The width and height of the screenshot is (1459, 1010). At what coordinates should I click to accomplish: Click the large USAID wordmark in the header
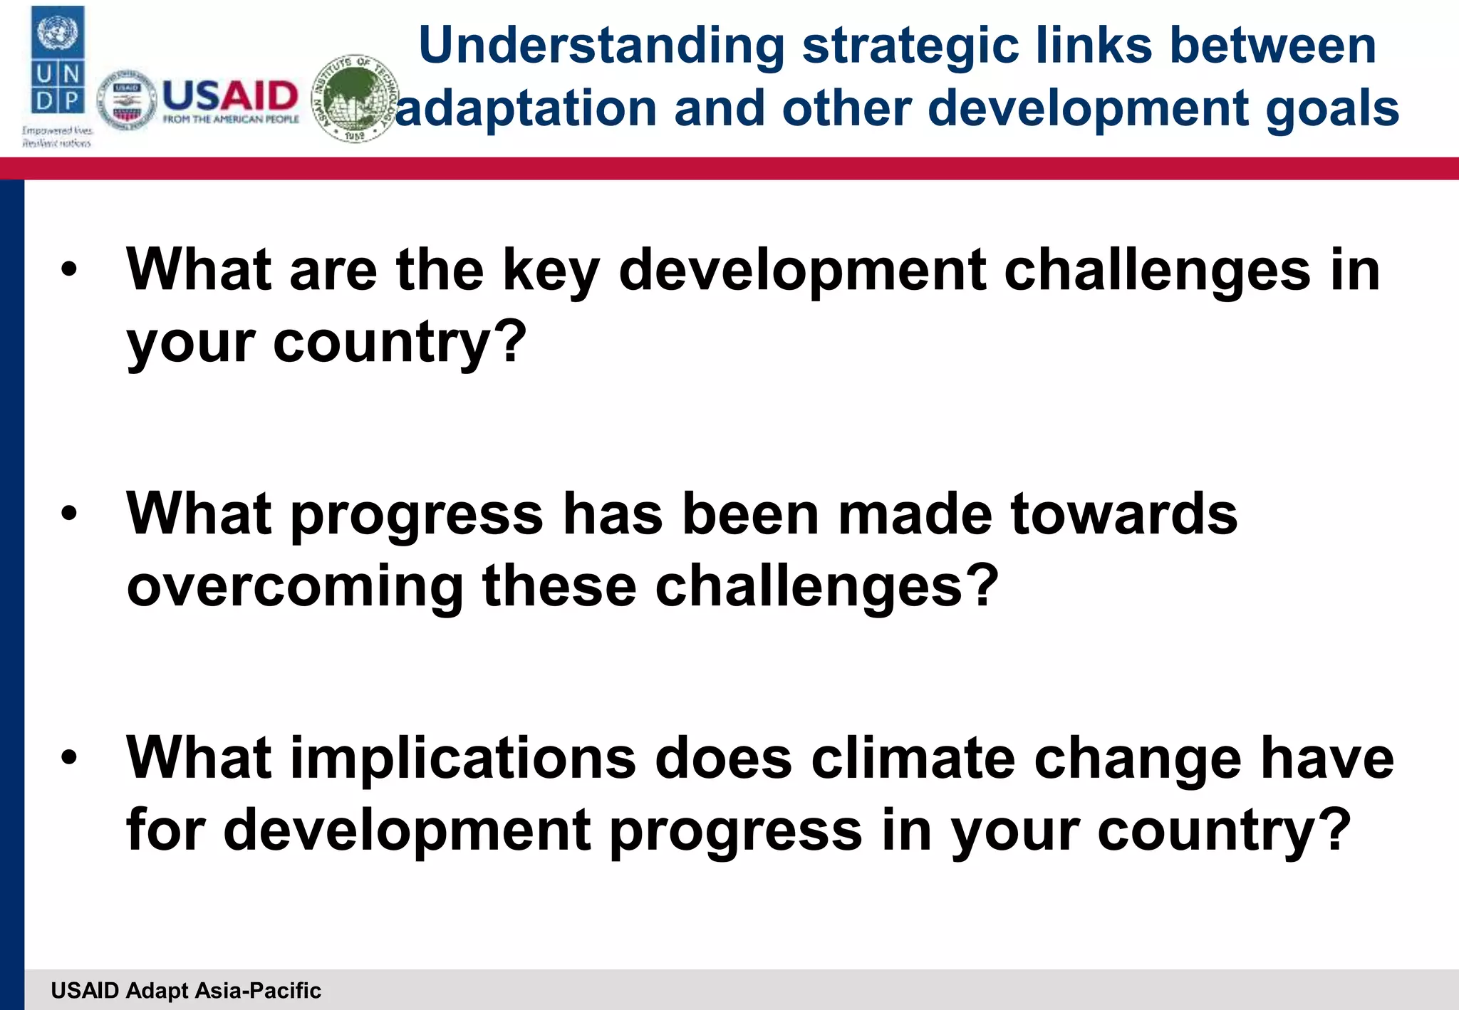click(x=230, y=96)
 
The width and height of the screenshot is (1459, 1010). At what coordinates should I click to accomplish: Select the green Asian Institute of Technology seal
click(x=355, y=98)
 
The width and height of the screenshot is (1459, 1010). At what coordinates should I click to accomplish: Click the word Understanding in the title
click(x=601, y=46)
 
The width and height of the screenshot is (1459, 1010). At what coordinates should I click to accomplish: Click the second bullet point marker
click(x=69, y=514)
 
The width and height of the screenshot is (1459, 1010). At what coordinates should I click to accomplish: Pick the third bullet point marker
click(x=69, y=758)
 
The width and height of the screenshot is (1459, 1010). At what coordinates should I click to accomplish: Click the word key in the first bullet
click(x=551, y=271)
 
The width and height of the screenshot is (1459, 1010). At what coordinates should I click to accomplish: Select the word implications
click(x=464, y=758)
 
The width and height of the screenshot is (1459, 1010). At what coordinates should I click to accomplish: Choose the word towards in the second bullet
click(x=1123, y=514)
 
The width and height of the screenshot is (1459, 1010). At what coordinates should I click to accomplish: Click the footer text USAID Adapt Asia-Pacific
click(x=186, y=990)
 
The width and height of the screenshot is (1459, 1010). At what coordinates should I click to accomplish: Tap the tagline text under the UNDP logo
click(x=57, y=137)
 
